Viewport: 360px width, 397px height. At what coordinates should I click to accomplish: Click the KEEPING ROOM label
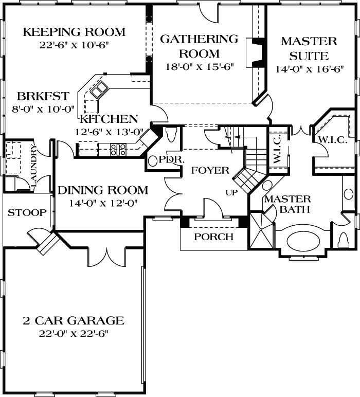click(75, 32)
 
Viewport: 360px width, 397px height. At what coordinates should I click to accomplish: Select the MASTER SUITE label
click(309, 48)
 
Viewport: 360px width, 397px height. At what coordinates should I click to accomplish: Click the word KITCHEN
click(109, 119)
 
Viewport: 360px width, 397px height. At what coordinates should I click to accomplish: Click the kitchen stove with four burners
click(119, 150)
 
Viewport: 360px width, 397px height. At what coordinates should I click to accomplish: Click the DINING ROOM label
click(102, 190)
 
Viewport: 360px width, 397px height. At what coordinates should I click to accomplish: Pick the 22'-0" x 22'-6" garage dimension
click(74, 334)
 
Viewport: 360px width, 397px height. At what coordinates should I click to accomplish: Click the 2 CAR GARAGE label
click(74, 321)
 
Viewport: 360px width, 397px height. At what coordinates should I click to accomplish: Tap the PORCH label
click(213, 237)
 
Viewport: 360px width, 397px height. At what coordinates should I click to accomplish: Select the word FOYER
click(210, 171)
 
